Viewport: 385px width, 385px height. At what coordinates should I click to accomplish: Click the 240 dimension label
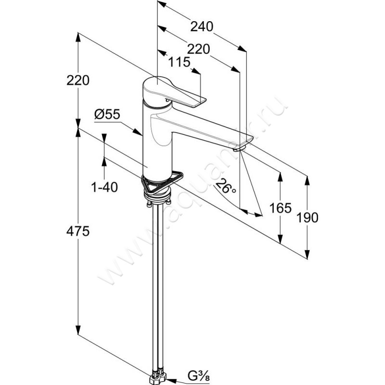coord(202,27)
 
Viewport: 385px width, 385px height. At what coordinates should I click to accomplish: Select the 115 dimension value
coord(180,62)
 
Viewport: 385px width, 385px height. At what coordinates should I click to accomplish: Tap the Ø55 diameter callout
coord(107,114)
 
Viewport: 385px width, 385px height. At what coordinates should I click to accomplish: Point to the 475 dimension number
coord(79,231)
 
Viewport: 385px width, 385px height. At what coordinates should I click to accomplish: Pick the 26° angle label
coord(226,185)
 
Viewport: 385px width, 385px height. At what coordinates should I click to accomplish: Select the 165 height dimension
coord(281,208)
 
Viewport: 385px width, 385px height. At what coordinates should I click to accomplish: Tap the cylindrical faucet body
coord(157,144)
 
